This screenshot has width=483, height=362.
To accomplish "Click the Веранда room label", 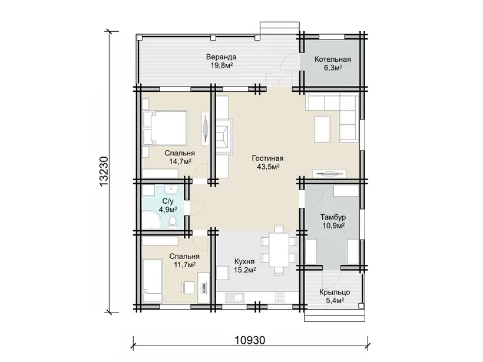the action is coord(221,57).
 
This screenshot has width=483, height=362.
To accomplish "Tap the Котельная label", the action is coord(333,59).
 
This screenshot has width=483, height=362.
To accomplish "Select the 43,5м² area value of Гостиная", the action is coord(268,167).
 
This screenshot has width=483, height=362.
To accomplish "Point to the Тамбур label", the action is coord(333,217).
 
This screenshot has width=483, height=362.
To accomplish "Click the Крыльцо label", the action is coord(335,292).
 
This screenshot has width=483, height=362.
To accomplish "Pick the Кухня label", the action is coord(244,262).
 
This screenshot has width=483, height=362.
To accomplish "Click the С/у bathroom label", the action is coord(168,202).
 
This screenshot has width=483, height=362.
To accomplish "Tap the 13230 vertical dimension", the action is coord(104,171).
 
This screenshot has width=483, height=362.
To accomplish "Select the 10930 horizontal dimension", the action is coord(250,340).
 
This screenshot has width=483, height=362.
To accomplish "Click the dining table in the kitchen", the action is coord(279,250).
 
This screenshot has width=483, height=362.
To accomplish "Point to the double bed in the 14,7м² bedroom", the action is coord(165,128).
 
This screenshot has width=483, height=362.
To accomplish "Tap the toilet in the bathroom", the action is coord(172,222).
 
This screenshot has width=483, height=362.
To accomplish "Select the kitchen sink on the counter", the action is coord(238,298).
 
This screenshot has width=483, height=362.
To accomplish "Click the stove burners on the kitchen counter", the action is coord(279,297).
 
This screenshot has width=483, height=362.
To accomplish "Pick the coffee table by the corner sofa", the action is coord(322,129).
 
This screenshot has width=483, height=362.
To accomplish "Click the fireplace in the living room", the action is coord(224,134).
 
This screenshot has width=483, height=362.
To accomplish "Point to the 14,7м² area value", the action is coord(180,161).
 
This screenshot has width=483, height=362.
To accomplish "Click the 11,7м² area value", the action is coord(184,264).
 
